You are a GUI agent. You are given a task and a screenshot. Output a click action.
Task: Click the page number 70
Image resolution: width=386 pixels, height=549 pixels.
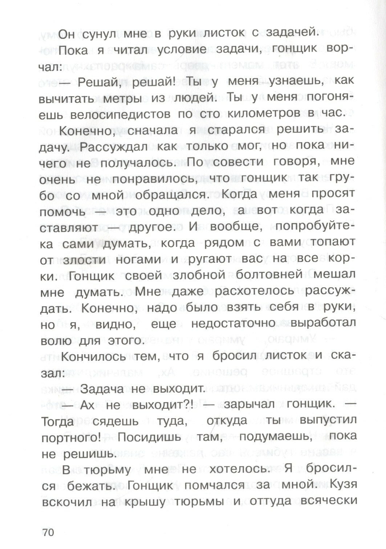(48, 532)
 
